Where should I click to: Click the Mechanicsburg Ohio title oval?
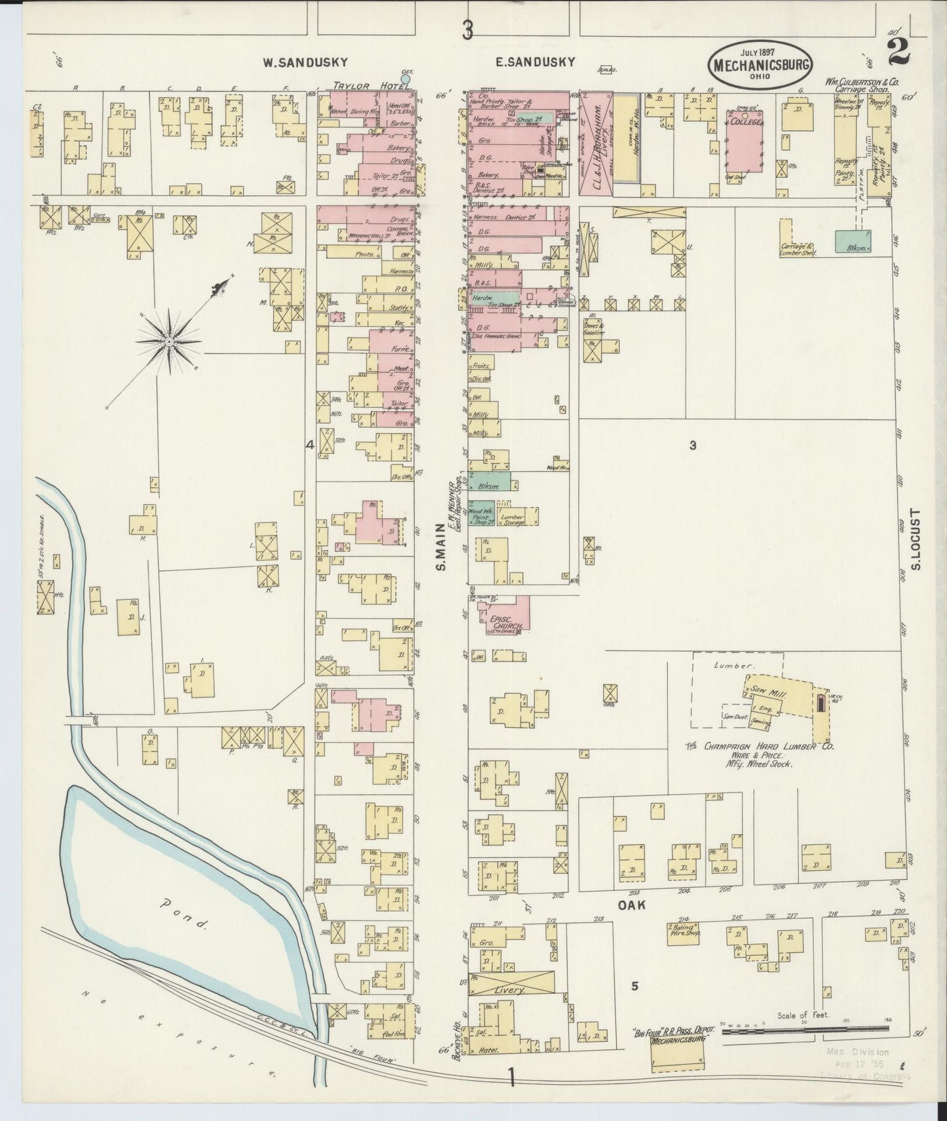760,65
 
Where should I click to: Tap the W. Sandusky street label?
305,62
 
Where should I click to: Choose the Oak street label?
631,905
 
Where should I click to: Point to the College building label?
746,123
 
